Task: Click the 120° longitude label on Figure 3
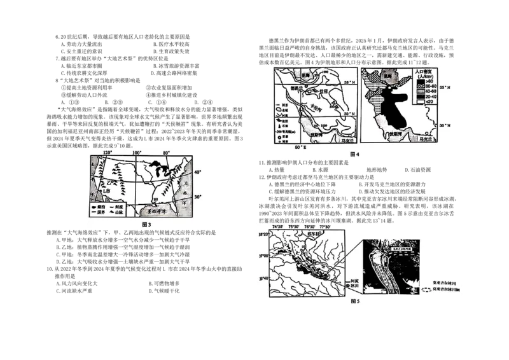tap(107, 153)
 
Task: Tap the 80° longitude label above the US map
tap(167, 153)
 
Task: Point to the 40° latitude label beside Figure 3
tap(198, 172)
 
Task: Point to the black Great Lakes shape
tap(158, 170)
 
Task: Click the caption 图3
tap(146, 224)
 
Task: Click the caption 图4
tap(355, 155)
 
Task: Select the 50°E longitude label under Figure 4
tap(300, 148)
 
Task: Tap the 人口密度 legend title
tap(423, 73)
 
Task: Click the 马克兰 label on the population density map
tap(421, 137)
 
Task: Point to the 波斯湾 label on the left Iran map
tap(318, 134)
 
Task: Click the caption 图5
tap(355, 301)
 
